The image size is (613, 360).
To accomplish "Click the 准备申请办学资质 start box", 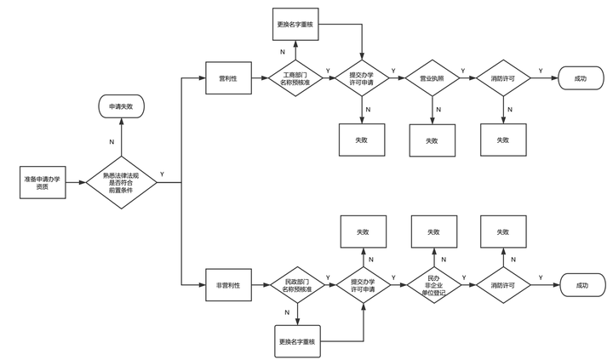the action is point(43,182).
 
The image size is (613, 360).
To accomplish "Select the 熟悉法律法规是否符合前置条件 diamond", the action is point(121,182).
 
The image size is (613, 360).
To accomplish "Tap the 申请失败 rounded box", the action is point(121,106).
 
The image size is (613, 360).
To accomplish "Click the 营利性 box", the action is point(228,78).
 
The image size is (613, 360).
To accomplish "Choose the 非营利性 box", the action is point(228,285).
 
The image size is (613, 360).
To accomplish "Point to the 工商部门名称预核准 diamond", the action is point(295,78).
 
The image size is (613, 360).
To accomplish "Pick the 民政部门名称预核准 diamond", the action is point(297,285).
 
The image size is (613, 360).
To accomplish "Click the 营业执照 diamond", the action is point(432,78).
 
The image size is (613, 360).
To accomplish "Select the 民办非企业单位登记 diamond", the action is point(434,285).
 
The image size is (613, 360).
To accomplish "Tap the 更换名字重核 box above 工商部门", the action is point(295,24).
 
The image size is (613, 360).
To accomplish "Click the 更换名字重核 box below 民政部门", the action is point(297,341).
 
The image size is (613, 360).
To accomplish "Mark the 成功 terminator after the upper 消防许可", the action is point(581,78).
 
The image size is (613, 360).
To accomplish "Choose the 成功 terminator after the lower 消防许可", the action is point(582,285).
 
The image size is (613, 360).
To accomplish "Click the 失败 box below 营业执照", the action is point(432,140).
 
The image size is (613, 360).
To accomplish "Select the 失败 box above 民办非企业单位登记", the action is point(434,231).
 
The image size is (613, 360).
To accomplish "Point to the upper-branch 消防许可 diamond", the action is point(503,78).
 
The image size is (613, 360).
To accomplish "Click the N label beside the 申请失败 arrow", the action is point(112,142).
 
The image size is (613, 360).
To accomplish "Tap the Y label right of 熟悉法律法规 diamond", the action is point(163,174).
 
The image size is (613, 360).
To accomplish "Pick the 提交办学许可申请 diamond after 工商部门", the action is point(362,78).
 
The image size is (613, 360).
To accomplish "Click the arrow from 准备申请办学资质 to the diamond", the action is point(76,182).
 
